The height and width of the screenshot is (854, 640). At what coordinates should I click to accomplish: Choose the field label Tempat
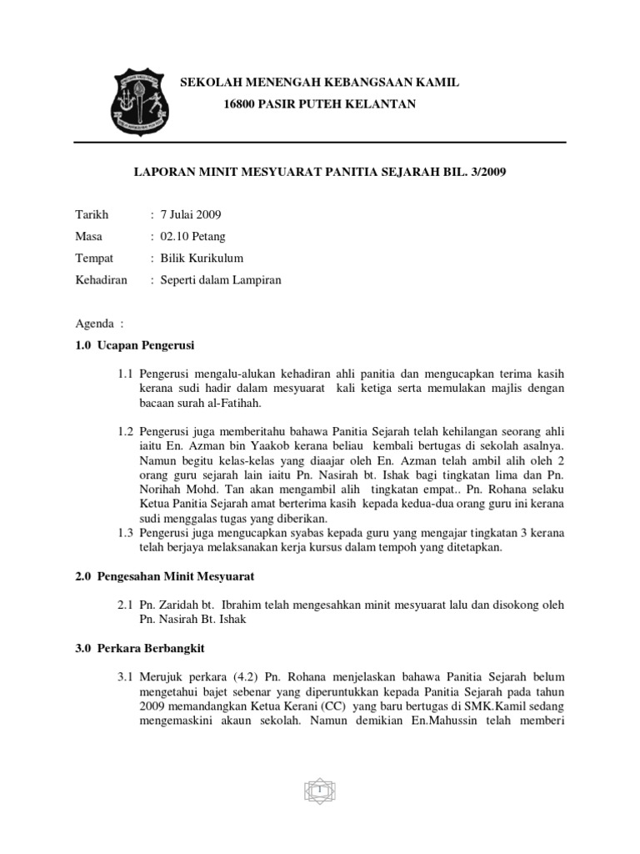coord(94,258)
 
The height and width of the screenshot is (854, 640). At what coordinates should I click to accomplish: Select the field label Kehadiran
coord(101,280)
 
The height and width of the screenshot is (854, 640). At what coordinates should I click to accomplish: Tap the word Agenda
coord(92,323)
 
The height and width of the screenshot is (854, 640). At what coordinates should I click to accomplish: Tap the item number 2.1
coord(127,606)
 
